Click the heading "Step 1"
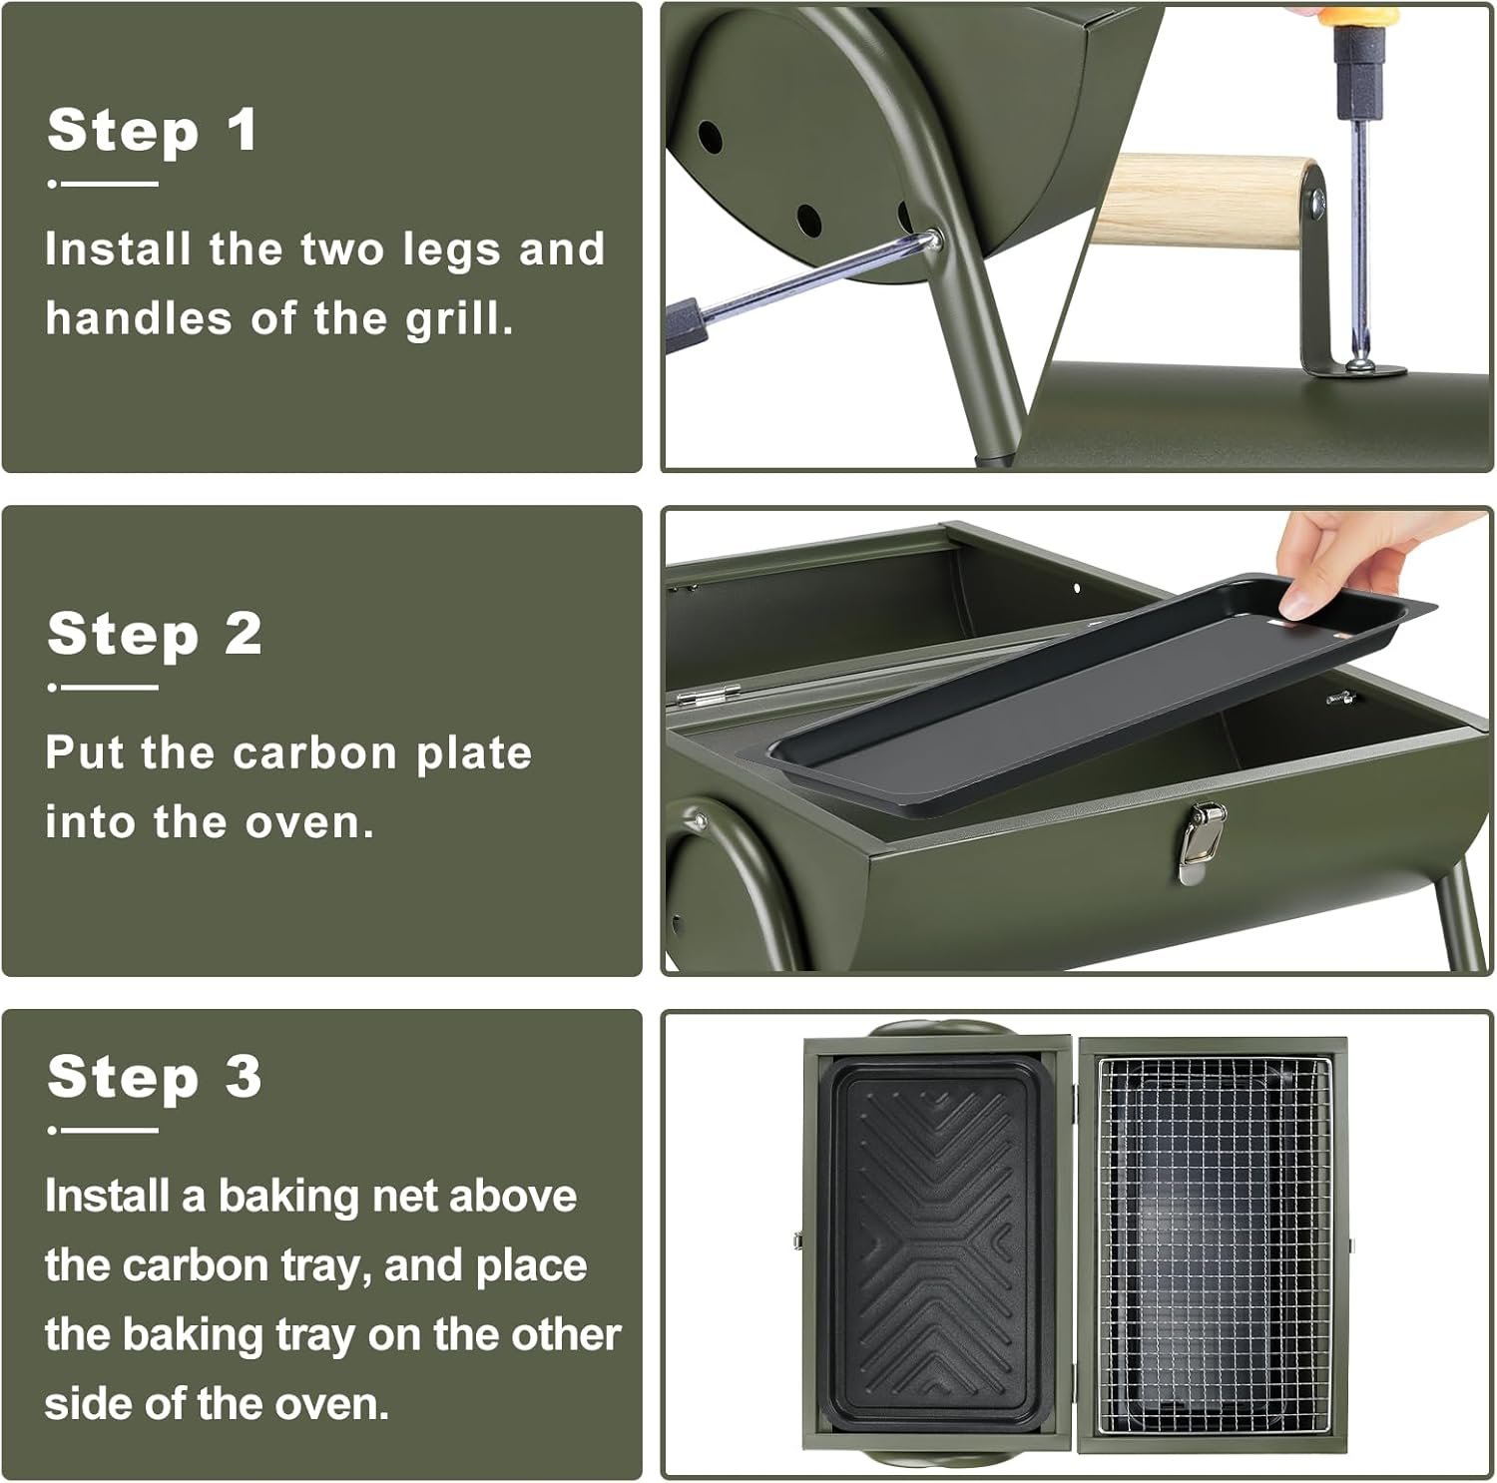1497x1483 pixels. (x=152, y=130)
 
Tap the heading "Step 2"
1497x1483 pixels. (x=155, y=634)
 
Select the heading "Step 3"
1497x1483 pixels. (x=155, y=1077)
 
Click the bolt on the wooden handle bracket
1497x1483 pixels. (x=1319, y=204)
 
